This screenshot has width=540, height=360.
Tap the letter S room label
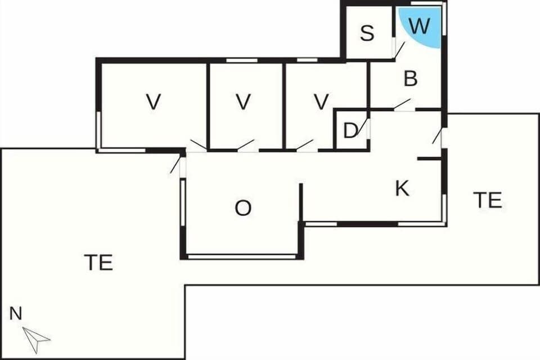coord(367,34)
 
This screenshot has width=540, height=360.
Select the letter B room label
coord(411,79)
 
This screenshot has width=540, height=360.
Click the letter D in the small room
coord(350,131)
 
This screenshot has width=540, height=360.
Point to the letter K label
coord(402,189)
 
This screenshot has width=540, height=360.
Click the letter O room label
coord(243,208)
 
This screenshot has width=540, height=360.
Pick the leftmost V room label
coord(153,102)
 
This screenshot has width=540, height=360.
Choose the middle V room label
coord(243,102)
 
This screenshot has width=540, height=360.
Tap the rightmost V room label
coord(321,102)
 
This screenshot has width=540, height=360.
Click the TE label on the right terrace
coord(487,200)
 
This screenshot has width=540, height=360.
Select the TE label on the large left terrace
coord(98,262)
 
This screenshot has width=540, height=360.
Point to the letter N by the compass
coord(16,314)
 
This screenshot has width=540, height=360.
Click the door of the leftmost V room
coord(197,145)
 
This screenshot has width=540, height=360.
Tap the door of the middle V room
coord(246,145)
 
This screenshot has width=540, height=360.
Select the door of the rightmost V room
coord(305,145)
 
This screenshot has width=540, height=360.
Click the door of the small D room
coord(364,127)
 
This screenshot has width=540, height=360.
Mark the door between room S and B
coord(399,50)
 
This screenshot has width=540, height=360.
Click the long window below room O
coord(242,257)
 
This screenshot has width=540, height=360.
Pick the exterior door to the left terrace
coord(176,164)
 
